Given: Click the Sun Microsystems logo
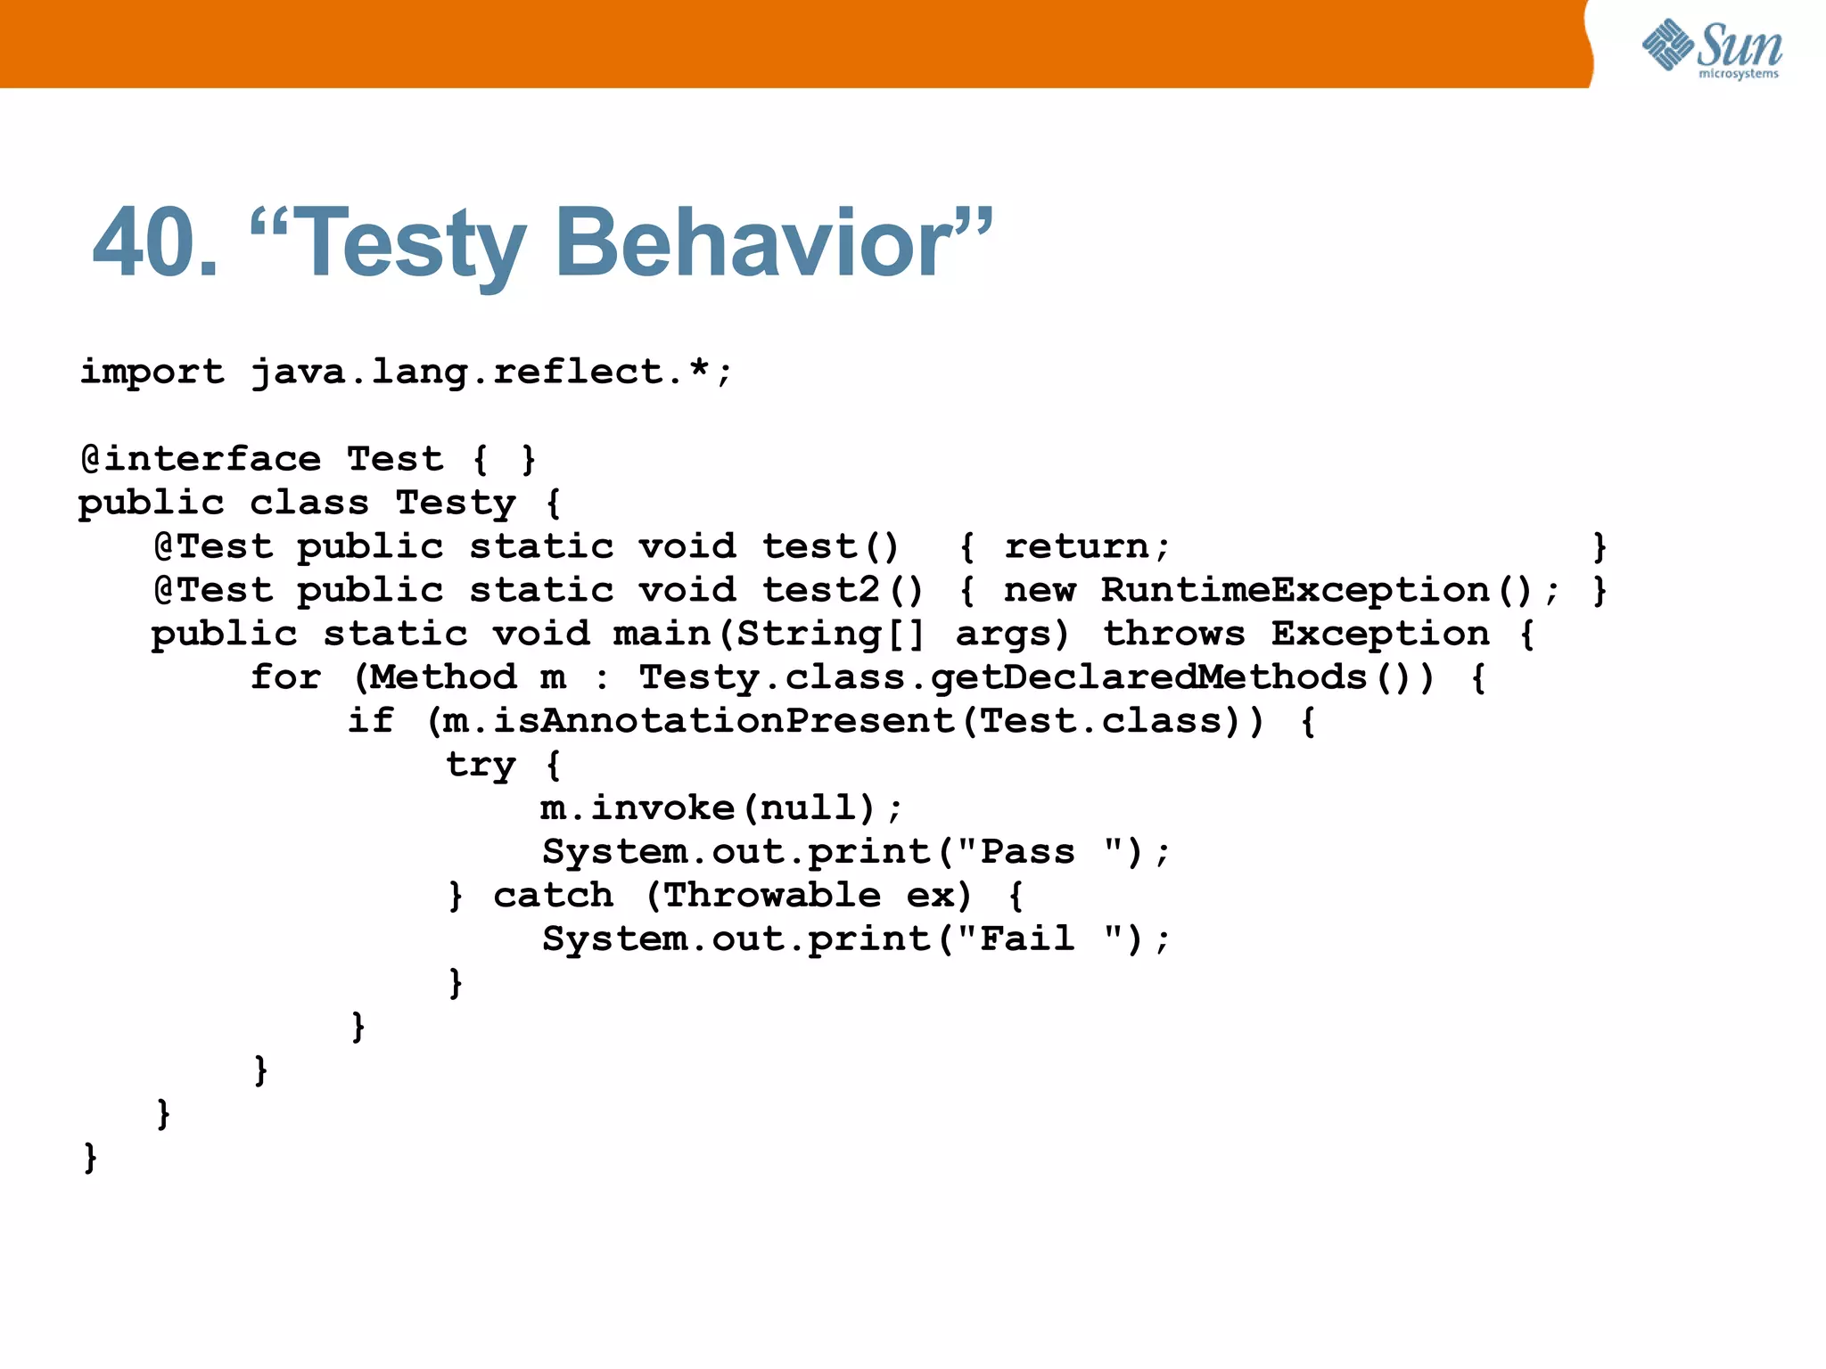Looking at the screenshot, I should tap(1711, 48).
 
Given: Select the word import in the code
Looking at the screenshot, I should tap(152, 372).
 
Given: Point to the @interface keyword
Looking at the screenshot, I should tap(201, 459).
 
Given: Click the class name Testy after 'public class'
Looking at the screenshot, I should tap(456, 504).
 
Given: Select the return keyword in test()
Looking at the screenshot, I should tap(1077, 546).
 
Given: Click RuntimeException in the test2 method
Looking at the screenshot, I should tap(1295, 590).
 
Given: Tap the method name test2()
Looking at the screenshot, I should tap(842, 590).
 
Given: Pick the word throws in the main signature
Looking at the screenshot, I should tap(1173, 634).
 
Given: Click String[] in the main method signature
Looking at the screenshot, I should tap(830, 634).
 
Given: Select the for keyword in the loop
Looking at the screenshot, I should tap(285, 677).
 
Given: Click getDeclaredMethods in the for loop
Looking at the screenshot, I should tap(1148, 677).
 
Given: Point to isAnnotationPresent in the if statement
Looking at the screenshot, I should tap(724, 721).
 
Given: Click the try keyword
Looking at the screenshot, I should tap(481, 765).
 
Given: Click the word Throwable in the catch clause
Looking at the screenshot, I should tap(772, 896).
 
